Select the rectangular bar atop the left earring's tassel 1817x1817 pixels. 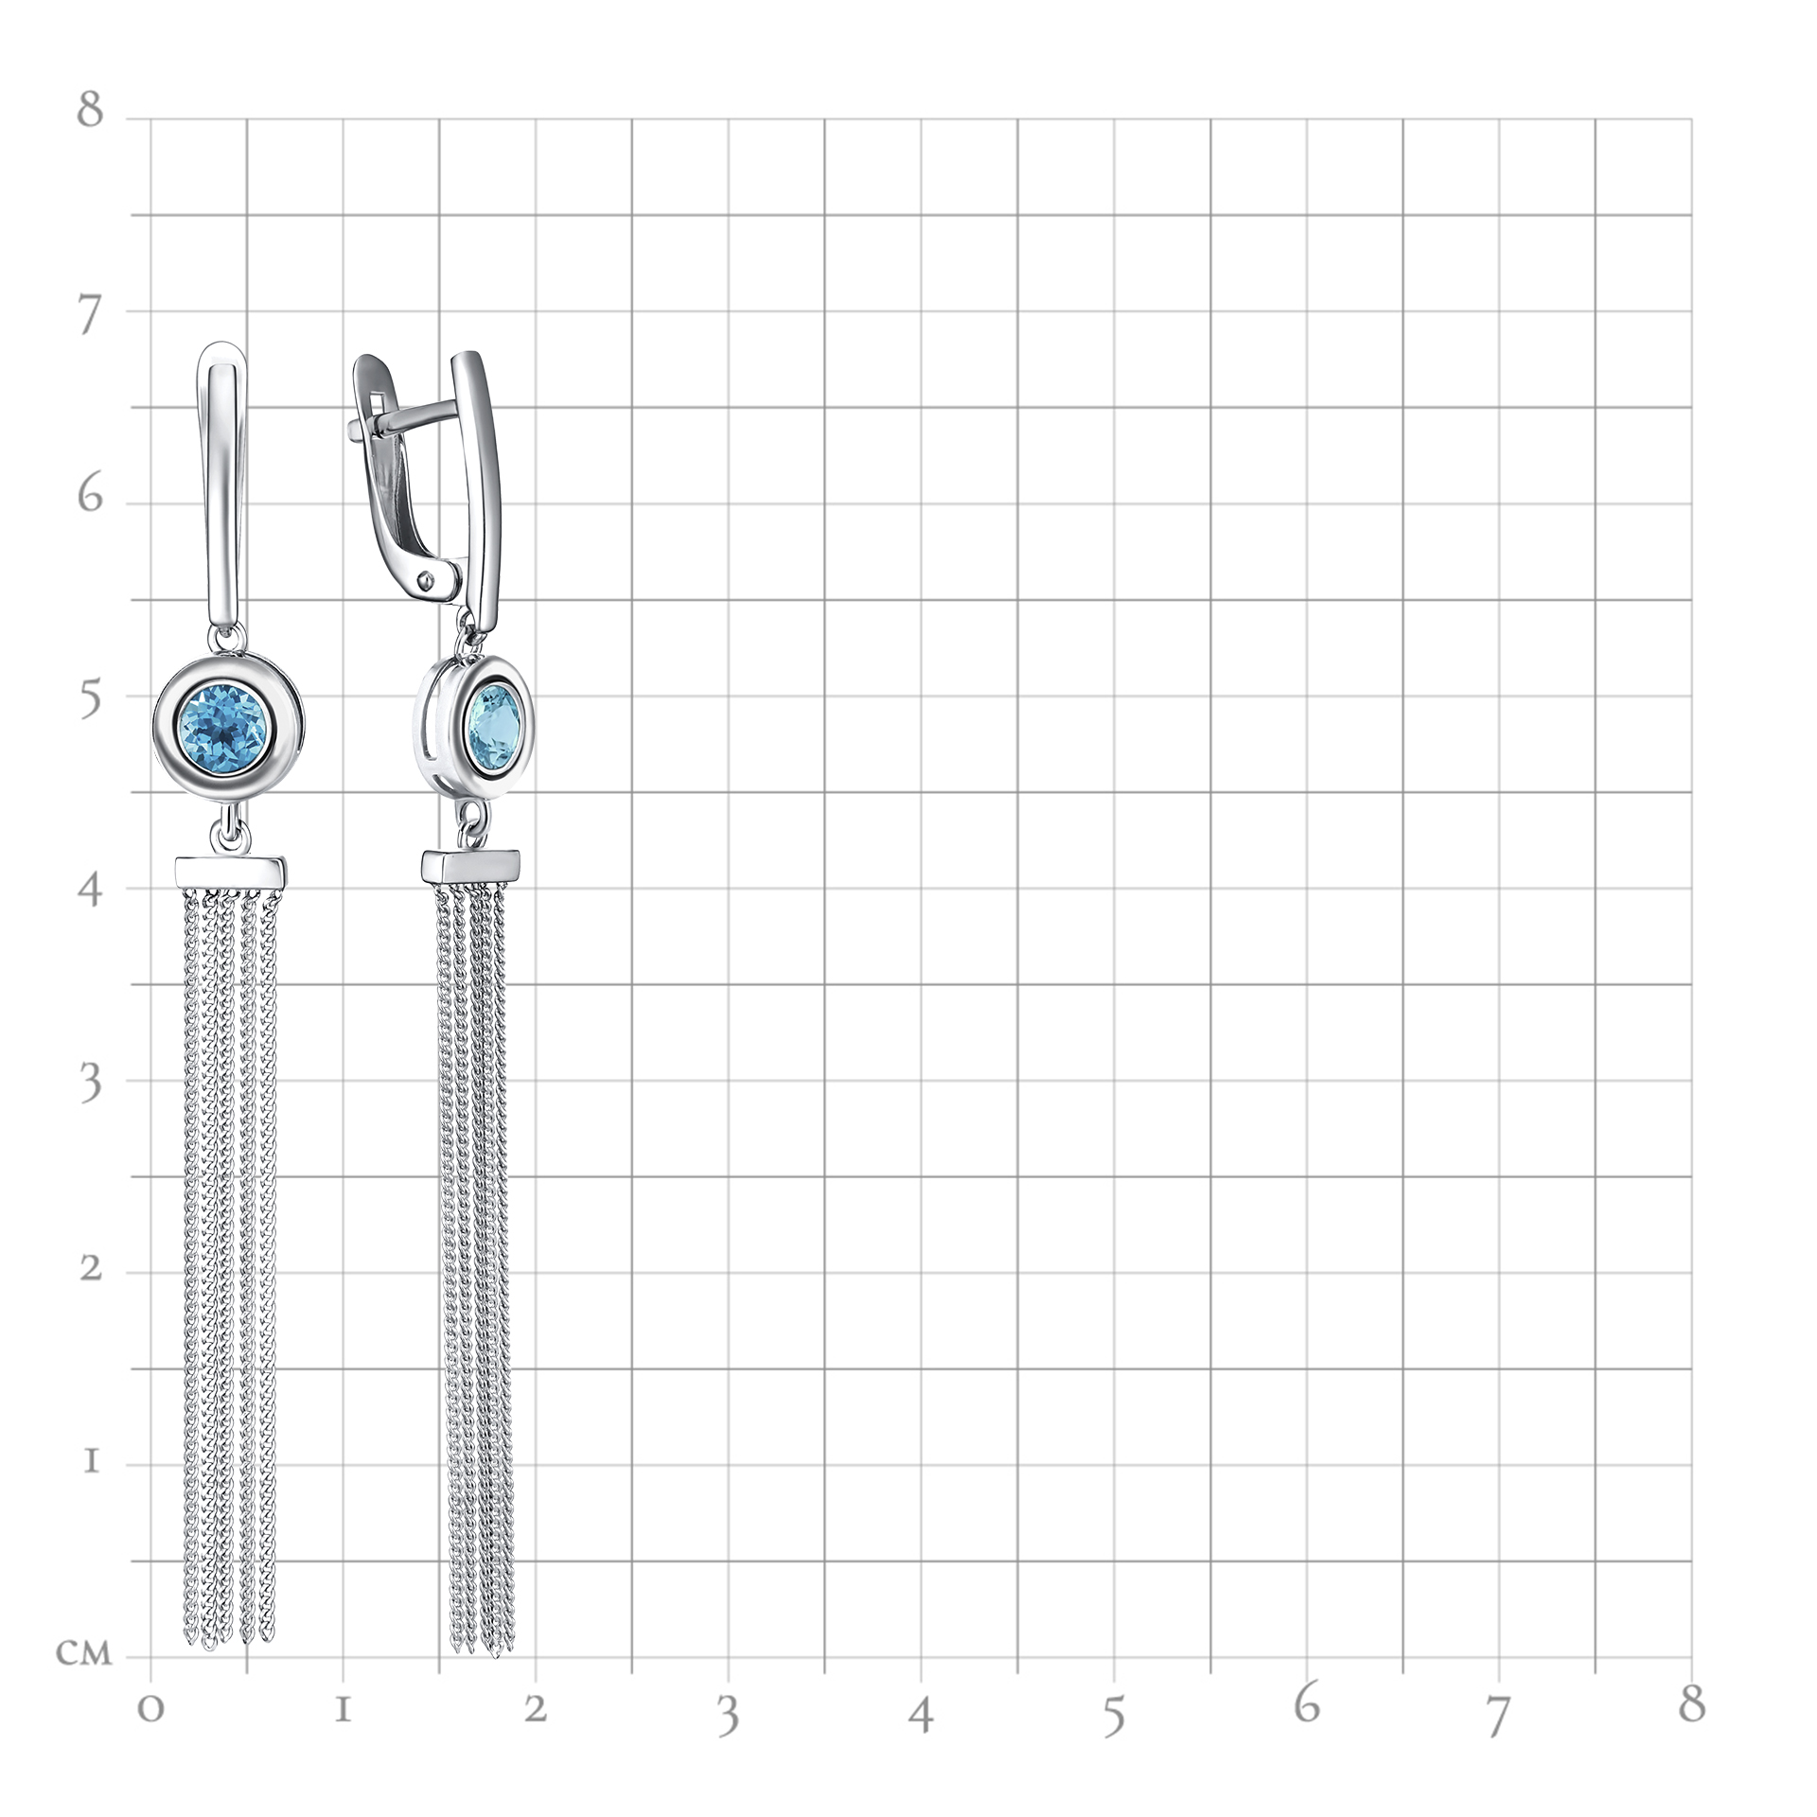pos(230,872)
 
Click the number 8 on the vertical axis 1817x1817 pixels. pos(90,109)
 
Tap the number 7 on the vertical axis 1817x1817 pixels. pos(89,313)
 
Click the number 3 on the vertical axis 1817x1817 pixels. pos(90,1083)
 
